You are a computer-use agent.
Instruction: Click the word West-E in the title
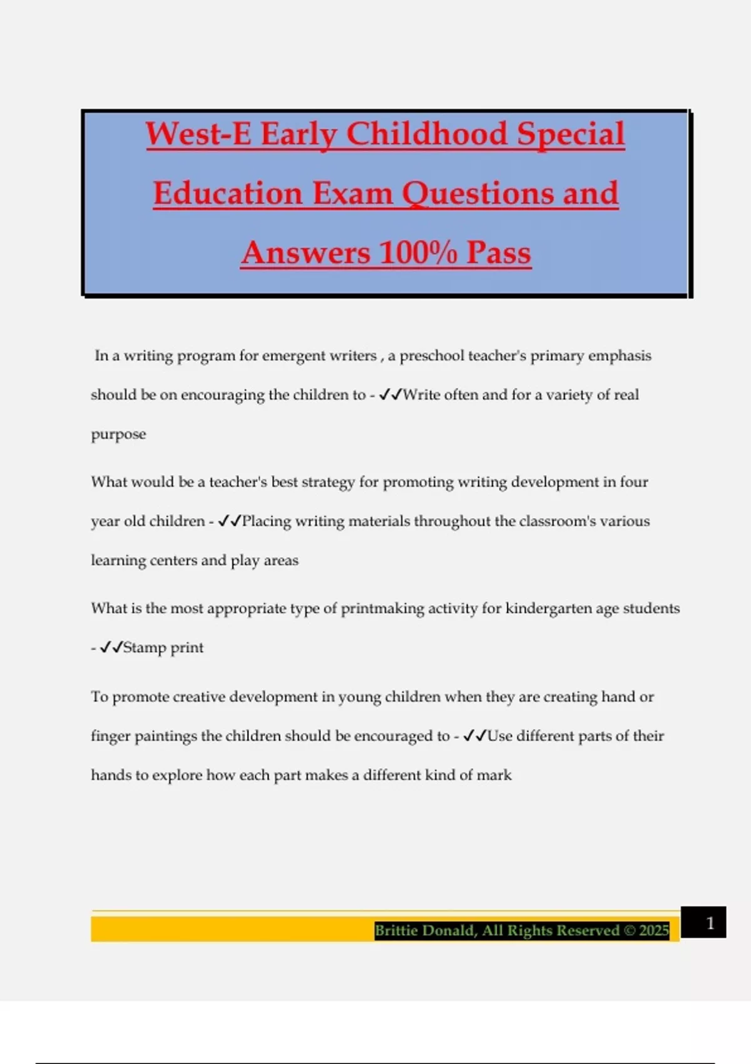[x=198, y=135]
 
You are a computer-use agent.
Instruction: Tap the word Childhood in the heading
[x=427, y=135]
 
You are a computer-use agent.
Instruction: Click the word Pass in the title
[x=498, y=253]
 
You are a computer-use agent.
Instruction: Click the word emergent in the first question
[x=290, y=356]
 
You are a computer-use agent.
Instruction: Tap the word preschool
[x=431, y=356]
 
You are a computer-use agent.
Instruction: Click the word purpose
[x=118, y=435]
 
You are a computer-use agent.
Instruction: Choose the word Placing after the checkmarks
[x=267, y=521]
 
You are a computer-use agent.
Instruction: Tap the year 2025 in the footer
[x=654, y=931]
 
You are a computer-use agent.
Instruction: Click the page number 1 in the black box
[x=710, y=923]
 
